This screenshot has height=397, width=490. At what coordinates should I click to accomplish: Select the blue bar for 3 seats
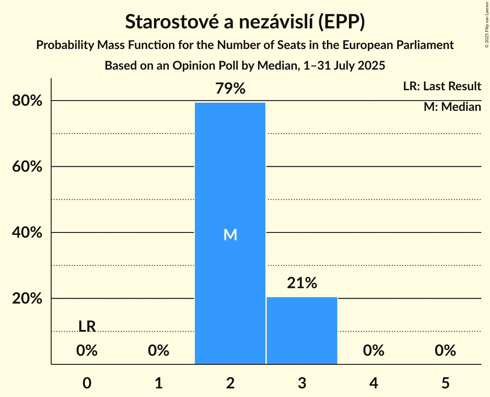[302, 330]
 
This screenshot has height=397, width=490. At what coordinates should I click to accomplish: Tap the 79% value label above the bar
[230, 89]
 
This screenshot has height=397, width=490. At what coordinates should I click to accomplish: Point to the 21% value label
[302, 283]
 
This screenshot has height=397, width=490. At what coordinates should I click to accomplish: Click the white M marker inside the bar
[230, 235]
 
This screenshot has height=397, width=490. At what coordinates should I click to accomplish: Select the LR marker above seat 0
[87, 327]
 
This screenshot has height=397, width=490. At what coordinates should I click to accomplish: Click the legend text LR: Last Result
[442, 86]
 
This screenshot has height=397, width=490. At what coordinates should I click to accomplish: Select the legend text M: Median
[452, 107]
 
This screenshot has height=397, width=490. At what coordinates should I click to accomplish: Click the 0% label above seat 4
[373, 351]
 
